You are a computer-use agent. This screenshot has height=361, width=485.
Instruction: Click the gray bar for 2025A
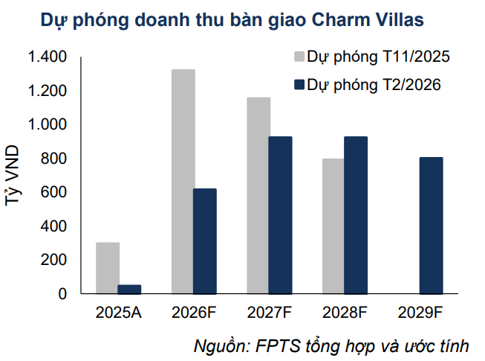(108, 268)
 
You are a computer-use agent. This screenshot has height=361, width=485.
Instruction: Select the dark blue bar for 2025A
(129, 290)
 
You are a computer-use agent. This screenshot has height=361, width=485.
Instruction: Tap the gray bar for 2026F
(183, 182)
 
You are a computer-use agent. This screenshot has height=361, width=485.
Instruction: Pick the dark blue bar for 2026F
(205, 241)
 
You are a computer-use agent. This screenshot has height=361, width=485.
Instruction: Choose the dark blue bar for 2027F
(280, 215)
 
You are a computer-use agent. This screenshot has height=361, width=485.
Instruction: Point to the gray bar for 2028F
(333, 226)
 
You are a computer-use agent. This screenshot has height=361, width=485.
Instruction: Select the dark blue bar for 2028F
(355, 215)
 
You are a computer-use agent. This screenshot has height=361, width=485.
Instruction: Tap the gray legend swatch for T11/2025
(299, 57)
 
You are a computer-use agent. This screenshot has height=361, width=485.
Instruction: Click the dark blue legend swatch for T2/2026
(299, 86)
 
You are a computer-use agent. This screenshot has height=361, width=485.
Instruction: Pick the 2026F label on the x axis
(194, 313)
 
